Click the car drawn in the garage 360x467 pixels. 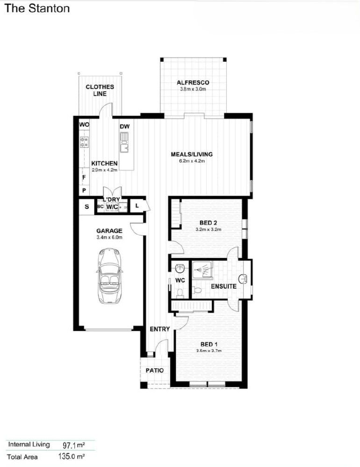tap(109, 276)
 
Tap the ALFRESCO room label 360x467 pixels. tap(193, 83)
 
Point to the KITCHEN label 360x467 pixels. tap(104, 163)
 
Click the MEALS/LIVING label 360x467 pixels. tap(192, 154)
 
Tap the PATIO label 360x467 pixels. tap(155, 370)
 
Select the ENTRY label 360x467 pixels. tap(159, 329)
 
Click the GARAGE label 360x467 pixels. tap(109, 231)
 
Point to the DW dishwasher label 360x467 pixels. tap(124, 126)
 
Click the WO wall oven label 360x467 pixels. tap(84, 125)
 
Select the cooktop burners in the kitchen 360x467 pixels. tap(85, 142)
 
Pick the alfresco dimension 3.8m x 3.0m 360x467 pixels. tap(193, 89)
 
